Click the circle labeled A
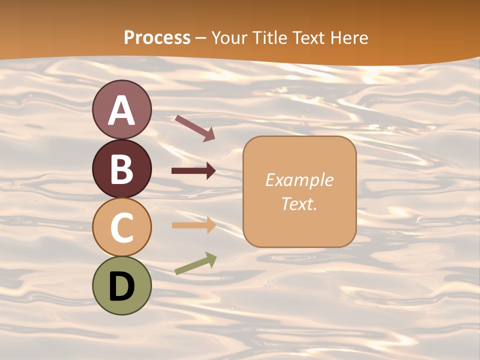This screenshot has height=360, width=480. click(x=121, y=109)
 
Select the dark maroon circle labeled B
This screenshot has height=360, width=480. click(x=121, y=168)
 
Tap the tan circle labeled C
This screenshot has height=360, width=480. click(x=121, y=227)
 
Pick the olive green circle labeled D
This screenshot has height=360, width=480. click(x=121, y=285)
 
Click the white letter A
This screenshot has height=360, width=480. click(x=121, y=110)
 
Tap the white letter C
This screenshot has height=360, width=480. click(x=121, y=227)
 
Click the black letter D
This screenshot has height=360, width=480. click(x=121, y=286)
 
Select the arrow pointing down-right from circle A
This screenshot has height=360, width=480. click(x=195, y=128)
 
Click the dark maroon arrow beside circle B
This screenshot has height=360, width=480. click(x=193, y=171)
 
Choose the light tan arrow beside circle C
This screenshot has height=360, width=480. click(x=193, y=225)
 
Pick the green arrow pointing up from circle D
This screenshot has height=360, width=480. click(x=195, y=263)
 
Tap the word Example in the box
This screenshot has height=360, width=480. click(x=299, y=180)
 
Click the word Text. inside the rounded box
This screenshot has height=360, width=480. click(x=299, y=203)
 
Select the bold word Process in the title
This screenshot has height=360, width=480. click(x=157, y=37)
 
